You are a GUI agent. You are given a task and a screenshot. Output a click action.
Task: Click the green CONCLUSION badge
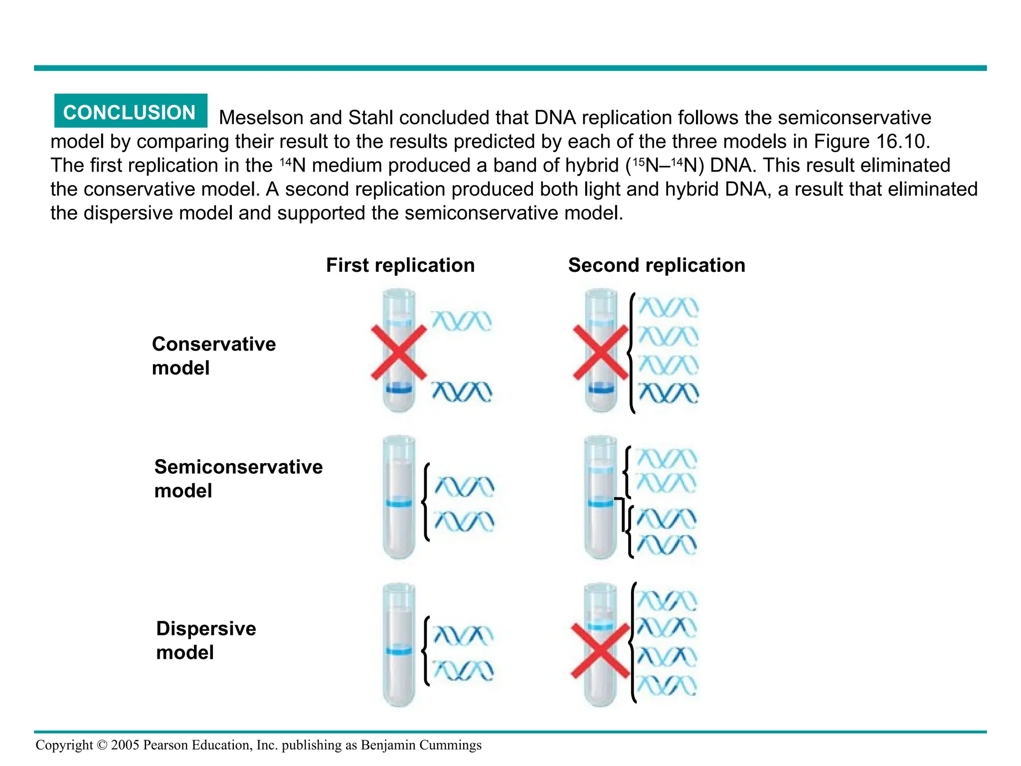click(x=130, y=112)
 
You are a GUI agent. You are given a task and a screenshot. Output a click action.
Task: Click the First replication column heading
click(x=400, y=265)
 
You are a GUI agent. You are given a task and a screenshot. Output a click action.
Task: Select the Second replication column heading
click(x=657, y=265)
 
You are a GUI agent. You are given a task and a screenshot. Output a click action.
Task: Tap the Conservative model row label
click(x=213, y=356)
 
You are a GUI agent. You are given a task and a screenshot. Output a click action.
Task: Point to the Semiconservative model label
click(x=238, y=478)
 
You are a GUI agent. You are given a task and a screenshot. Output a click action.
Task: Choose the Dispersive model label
click(x=206, y=640)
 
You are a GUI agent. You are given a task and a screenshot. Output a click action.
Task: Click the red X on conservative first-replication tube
click(x=399, y=353)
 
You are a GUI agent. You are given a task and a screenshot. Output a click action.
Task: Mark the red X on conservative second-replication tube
click(x=601, y=353)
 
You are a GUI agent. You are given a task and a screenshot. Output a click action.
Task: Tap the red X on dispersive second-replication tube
click(x=600, y=650)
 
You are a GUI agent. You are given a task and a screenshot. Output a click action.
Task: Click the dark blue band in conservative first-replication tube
click(x=399, y=388)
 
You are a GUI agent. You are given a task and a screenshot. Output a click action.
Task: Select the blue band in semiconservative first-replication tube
click(x=399, y=503)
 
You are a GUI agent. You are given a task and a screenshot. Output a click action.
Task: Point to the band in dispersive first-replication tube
click(x=399, y=650)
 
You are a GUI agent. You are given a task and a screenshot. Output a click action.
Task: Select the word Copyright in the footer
click(x=64, y=745)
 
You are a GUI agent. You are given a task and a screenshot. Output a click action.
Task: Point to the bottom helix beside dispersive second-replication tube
click(x=667, y=686)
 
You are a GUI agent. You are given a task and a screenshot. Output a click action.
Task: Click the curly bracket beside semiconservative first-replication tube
click(x=425, y=502)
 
